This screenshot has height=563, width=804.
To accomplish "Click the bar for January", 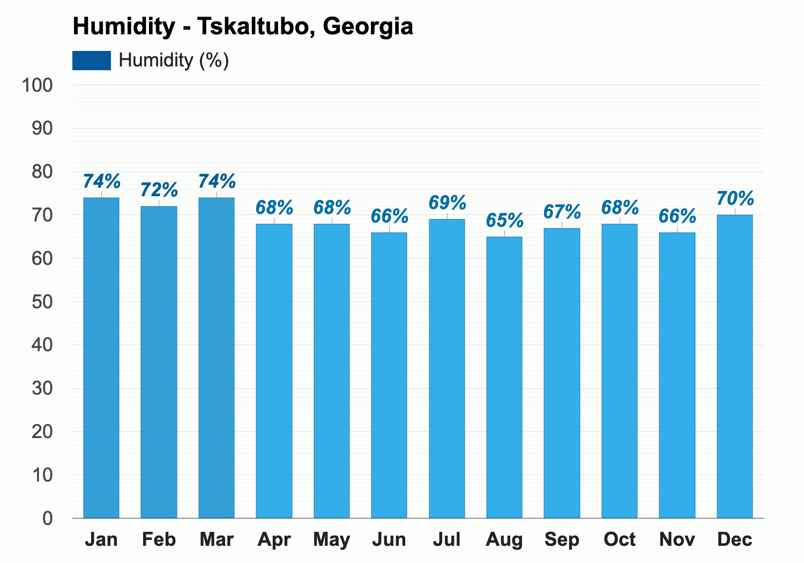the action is (101, 358).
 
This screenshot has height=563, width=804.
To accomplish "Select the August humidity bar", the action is (504, 377).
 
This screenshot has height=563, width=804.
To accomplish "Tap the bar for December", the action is (735, 367).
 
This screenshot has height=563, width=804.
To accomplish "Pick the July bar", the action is (447, 369).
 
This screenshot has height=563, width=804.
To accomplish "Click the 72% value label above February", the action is (159, 190).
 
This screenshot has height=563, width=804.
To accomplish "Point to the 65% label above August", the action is (505, 220).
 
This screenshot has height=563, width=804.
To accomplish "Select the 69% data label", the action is (447, 203).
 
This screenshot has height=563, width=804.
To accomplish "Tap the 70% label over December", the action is (735, 198).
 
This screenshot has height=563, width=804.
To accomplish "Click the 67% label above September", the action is (562, 211).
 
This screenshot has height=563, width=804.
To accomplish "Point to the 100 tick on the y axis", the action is (38, 85).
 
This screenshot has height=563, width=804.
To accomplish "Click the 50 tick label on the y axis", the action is (42, 302).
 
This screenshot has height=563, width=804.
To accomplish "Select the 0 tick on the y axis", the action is (48, 518).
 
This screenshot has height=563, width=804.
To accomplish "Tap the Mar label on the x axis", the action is (217, 539).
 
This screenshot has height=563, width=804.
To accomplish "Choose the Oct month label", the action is (620, 539).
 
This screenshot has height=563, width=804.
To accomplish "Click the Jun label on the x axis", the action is (389, 539).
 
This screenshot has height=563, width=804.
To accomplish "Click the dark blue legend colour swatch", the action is (92, 60).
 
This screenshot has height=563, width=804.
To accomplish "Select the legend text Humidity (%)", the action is (174, 60).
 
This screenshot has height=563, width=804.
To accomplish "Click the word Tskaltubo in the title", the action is (256, 26).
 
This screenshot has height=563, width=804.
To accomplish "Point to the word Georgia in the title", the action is (368, 27).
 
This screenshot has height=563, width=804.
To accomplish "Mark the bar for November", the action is (677, 375).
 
